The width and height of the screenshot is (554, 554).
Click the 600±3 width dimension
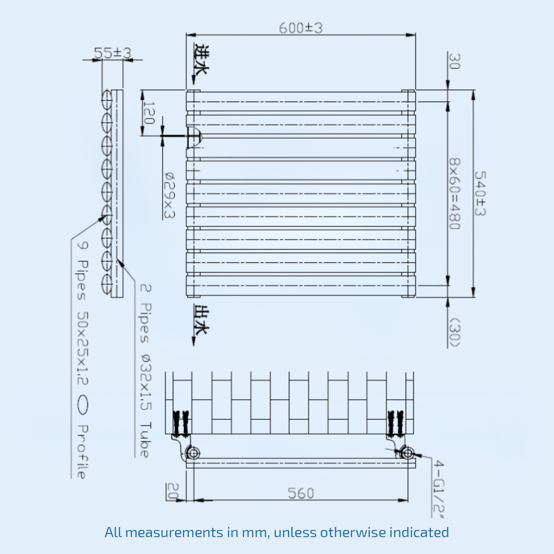point(301,28)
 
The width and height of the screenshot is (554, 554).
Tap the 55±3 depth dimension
point(113,53)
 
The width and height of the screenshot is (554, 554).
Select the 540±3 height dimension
point(480,194)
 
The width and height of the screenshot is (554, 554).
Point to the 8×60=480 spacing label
point(455,194)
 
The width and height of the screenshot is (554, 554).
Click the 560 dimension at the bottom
point(301,493)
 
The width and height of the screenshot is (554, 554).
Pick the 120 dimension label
point(149,113)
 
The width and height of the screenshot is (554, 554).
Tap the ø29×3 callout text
point(169,195)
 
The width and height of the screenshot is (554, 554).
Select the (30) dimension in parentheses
point(455,332)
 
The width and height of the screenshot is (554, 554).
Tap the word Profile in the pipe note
point(82,452)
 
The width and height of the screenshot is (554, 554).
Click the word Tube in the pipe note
point(145,440)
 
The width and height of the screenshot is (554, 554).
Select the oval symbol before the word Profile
point(82,405)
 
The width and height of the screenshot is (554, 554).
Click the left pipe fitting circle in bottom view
point(193,453)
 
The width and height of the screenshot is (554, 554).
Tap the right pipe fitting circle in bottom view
point(408,453)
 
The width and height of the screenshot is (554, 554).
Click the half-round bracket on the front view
point(194,136)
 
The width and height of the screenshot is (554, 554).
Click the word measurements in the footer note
point(174,532)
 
